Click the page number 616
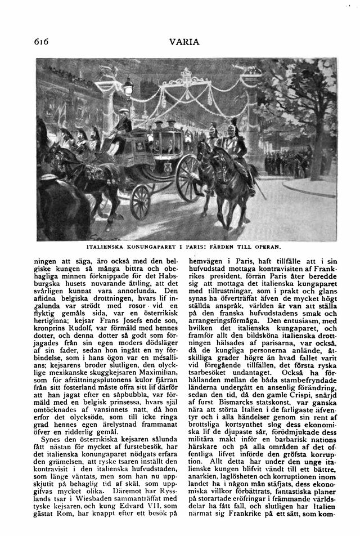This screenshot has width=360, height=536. pos(43,42)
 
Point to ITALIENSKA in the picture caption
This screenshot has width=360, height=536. pos(107,247)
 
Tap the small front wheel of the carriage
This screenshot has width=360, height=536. pos(140,202)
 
